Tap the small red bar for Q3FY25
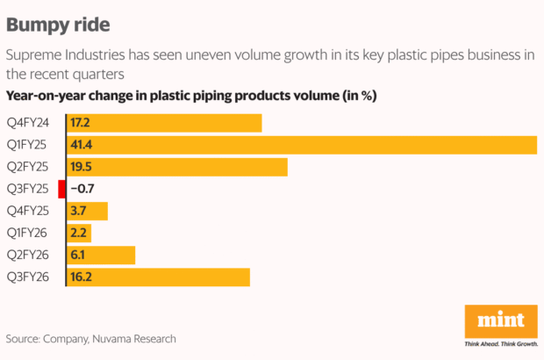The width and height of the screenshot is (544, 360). click(x=61, y=189)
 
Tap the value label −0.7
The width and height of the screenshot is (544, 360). click(x=83, y=189)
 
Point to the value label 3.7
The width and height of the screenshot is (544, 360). click(x=80, y=211)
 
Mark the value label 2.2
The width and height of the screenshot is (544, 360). click(x=80, y=233)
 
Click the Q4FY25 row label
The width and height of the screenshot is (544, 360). click(x=27, y=211)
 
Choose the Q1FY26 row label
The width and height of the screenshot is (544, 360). click(x=27, y=233)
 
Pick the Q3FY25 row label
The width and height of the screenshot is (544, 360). click(x=27, y=189)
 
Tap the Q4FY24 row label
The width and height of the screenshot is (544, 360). click(x=27, y=123)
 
